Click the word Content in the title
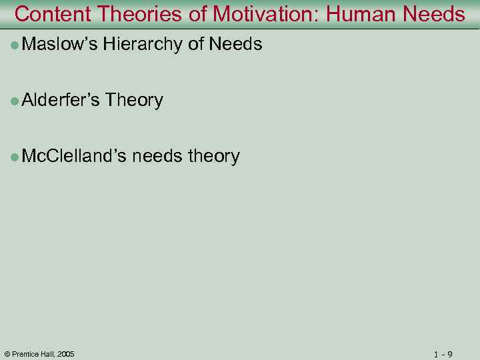[53, 14]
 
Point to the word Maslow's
[60, 45]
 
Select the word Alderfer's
[61, 101]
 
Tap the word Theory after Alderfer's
[134, 101]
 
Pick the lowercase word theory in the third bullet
[214, 157]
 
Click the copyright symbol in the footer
[7, 354]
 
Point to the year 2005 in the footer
[65, 354]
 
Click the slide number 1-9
[443, 354]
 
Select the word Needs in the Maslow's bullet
[235, 45]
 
